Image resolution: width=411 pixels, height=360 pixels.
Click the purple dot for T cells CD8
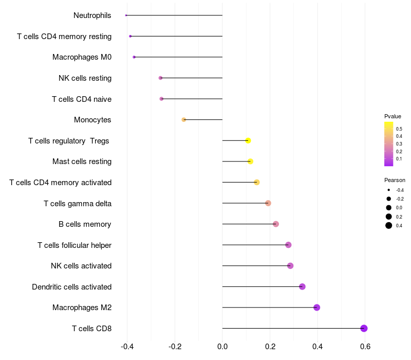[364, 328]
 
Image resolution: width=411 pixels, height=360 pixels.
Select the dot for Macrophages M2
[316, 307]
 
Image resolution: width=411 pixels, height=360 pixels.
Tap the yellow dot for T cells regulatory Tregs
[248, 140]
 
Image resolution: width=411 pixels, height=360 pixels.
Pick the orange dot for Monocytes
[184, 120]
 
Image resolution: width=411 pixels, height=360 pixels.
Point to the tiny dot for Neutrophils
[126, 15]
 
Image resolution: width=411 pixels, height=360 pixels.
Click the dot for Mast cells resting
[250, 161]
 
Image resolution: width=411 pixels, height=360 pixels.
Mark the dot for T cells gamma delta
[268, 203]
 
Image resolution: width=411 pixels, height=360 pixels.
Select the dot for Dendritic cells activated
[302, 286]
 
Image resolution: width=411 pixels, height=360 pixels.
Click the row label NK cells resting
[85, 78]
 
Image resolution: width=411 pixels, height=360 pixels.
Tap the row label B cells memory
[85, 224]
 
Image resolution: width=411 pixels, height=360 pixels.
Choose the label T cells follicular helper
[74, 245]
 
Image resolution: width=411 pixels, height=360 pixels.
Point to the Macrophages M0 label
[82, 57]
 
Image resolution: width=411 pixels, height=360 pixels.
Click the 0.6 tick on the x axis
[365, 347]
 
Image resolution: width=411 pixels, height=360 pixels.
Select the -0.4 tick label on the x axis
[127, 347]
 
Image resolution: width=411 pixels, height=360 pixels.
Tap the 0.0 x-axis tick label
[222, 347]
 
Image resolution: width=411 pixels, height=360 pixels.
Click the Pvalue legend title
[393, 116]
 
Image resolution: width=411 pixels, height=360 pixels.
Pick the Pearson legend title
[395, 180]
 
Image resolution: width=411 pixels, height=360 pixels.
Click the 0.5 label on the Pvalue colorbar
[399, 129]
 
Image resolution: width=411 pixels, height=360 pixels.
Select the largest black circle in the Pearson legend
[389, 225]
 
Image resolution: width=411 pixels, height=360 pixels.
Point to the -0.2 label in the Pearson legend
[400, 199]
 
